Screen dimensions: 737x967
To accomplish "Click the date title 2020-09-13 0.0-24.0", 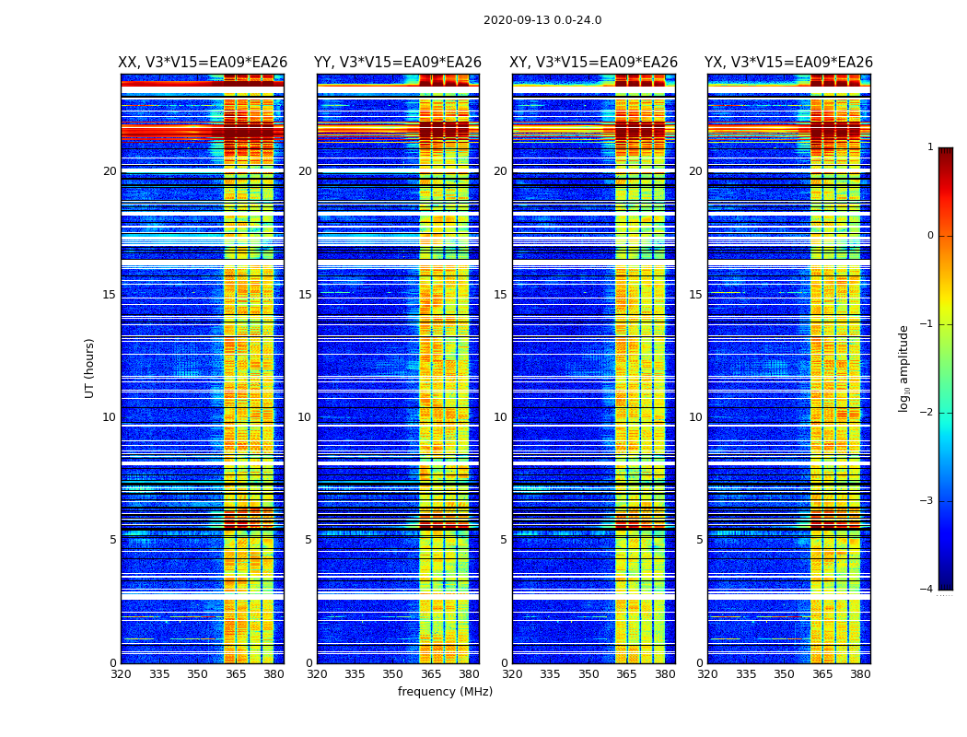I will click(x=542, y=20).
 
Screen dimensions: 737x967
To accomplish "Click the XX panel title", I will click(x=203, y=63).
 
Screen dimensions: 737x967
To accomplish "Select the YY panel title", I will click(x=398, y=63).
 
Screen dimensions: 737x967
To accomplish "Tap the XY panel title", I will click(x=594, y=63).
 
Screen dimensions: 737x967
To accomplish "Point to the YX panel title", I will click(x=788, y=63).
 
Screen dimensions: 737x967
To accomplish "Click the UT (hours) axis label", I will click(x=90, y=368).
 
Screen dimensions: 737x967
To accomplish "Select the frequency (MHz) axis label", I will click(x=445, y=692).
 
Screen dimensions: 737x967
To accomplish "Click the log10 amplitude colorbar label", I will click(x=904, y=368).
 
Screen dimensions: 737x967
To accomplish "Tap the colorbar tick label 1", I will click(x=930, y=147).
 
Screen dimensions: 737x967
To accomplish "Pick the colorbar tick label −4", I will click(x=928, y=590).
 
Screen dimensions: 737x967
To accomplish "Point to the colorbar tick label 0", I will click(x=930, y=236).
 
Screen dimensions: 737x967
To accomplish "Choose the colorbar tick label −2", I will click(x=928, y=413).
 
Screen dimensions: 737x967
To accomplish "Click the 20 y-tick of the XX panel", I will click(x=110, y=171).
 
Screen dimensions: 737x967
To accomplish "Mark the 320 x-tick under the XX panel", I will click(x=121, y=674).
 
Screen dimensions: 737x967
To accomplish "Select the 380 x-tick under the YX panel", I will click(x=860, y=674).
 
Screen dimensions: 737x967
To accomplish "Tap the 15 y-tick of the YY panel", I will click(x=305, y=295).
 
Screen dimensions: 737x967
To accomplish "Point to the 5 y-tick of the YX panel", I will click(x=699, y=540).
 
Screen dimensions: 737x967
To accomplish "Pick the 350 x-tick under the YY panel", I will click(x=393, y=674).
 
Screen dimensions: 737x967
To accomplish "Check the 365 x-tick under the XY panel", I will click(x=627, y=674).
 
